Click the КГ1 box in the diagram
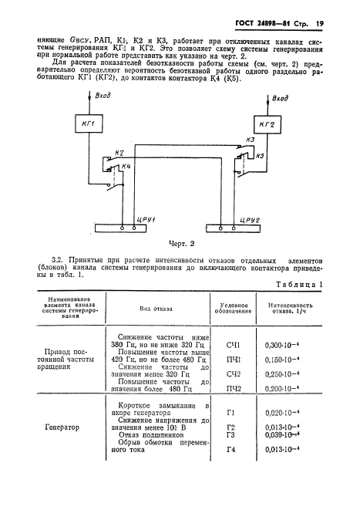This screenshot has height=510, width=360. (90, 124)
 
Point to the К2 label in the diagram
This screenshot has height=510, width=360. (118, 154)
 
